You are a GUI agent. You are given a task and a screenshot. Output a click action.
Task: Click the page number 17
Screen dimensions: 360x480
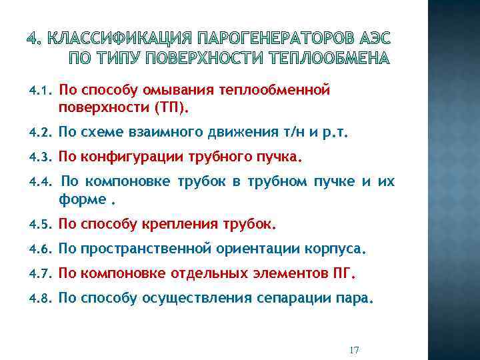pos(354,350)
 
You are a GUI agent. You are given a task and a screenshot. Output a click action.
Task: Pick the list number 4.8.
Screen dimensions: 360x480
pos(41,299)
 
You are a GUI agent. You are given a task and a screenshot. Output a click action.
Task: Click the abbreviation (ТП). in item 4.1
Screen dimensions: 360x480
pos(171,106)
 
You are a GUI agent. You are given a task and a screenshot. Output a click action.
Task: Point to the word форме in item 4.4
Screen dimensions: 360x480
pos(83,199)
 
